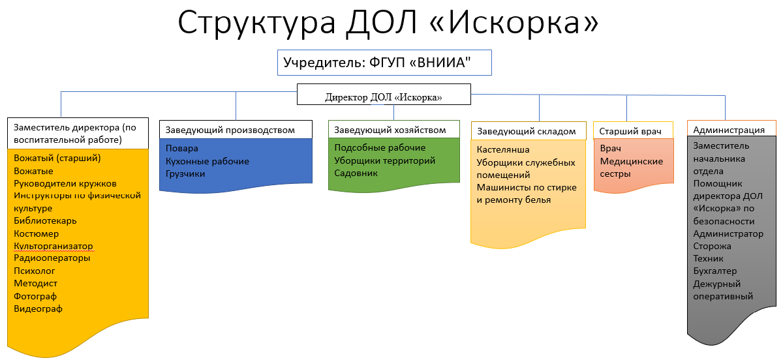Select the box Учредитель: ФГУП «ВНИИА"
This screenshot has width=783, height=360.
(x=384, y=63)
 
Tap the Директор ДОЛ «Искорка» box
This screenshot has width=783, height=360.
(x=384, y=94)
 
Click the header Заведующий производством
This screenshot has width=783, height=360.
(x=236, y=130)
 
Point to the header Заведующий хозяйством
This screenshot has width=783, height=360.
(x=394, y=129)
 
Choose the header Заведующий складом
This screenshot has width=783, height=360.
(x=529, y=131)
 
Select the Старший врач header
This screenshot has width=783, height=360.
(x=634, y=130)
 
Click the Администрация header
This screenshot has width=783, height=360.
(x=731, y=129)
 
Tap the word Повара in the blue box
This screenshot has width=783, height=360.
(x=182, y=149)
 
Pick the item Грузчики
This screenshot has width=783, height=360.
(x=185, y=174)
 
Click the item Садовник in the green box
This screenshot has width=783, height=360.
(x=356, y=173)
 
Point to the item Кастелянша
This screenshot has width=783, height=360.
(x=503, y=149)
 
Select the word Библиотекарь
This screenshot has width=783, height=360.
(x=45, y=221)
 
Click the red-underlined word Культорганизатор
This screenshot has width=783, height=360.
(x=54, y=246)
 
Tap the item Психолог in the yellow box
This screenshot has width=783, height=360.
(x=34, y=271)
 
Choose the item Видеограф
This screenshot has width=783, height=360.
(x=38, y=309)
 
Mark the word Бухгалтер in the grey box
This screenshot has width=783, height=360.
(x=715, y=271)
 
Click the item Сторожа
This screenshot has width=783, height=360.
(x=712, y=247)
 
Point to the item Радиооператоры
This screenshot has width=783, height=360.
(x=52, y=258)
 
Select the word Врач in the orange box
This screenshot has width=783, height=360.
(x=610, y=149)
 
